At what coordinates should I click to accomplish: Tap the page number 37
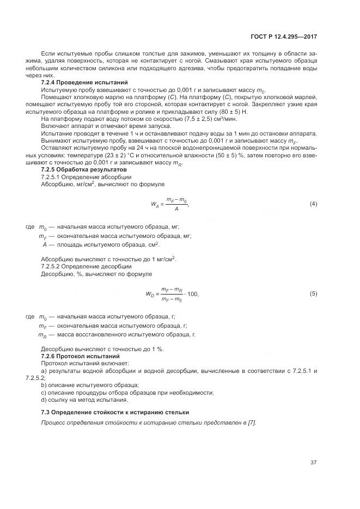pyautogui.click(x=313, y=463)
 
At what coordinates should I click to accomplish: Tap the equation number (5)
pyautogui.click(x=313, y=294)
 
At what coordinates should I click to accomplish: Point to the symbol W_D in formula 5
pyautogui.click(x=150, y=295)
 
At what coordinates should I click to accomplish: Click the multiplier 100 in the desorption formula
pyautogui.click(x=193, y=295)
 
